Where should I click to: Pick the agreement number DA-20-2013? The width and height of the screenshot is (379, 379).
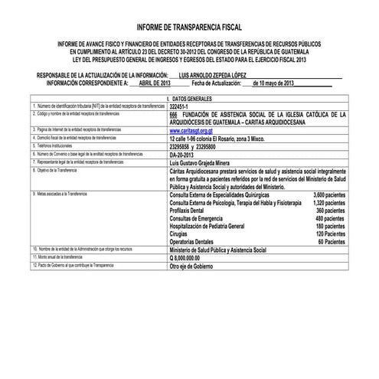[x=183, y=152]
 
